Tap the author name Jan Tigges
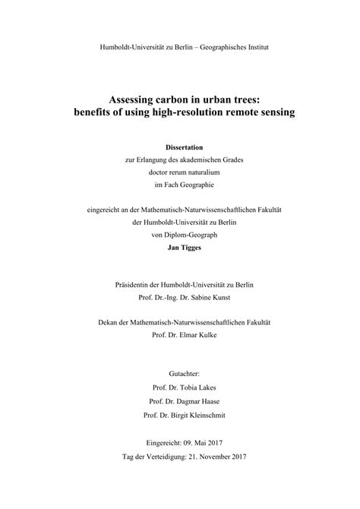(180, 248)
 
